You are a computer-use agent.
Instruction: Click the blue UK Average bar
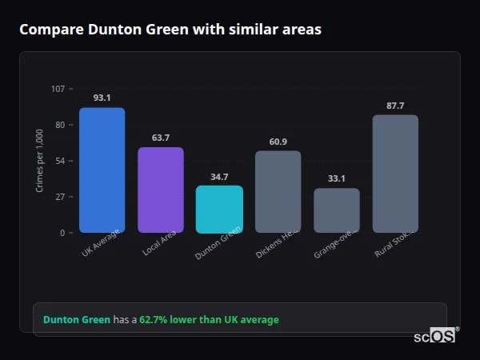tap(102, 170)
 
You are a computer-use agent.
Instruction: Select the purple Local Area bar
tap(160, 190)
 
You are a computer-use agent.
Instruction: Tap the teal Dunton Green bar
tap(219, 209)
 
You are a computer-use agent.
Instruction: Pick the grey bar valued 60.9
tap(278, 191)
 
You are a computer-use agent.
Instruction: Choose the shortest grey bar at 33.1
tap(336, 210)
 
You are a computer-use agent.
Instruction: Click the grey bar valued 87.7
tap(395, 174)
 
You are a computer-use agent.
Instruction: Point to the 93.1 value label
tap(102, 98)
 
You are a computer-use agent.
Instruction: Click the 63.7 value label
tap(160, 138)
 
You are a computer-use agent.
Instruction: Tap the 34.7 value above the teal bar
tap(219, 177)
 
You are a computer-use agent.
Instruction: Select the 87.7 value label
tap(395, 106)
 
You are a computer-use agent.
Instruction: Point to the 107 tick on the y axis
tap(58, 89)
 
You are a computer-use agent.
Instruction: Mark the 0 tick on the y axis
tap(62, 233)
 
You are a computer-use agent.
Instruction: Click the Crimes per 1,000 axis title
tap(39, 161)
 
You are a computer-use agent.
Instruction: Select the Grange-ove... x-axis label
tap(334, 243)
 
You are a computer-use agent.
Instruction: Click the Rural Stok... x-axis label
tap(394, 243)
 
